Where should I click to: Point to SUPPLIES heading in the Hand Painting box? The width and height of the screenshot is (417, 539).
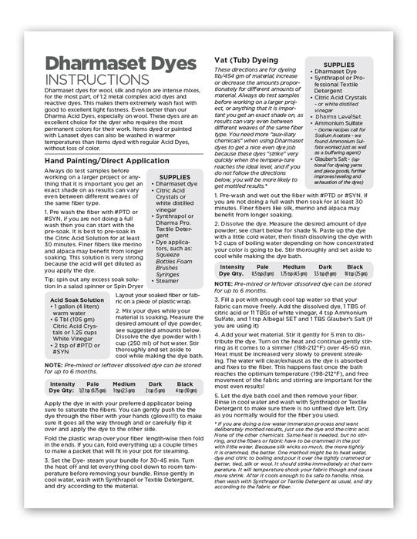pos(173,177)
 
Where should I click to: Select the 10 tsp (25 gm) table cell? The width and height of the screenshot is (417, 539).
pos(378,273)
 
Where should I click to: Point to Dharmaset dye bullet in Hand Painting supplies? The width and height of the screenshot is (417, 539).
pos(174,185)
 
